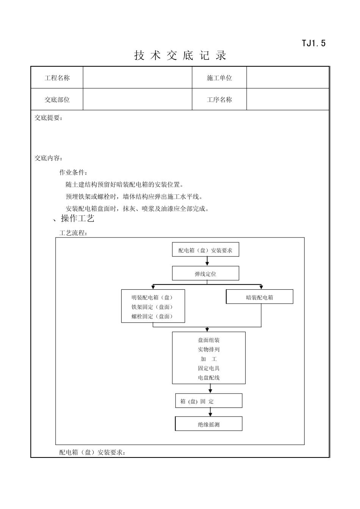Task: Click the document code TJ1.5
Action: (x=313, y=43)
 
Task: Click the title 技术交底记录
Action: (x=180, y=56)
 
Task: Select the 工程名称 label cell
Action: (x=57, y=78)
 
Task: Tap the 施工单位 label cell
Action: (x=219, y=78)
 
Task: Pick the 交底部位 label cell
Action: (x=57, y=100)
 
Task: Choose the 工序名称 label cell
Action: (x=219, y=100)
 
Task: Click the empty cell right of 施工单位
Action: (x=288, y=78)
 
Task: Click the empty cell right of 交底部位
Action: (x=138, y=100)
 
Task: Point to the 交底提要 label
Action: (x=49, y=118)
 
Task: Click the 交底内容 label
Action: (x=49, y=158)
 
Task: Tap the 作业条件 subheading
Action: (x=73, y=173)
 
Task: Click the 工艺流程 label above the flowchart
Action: (x=73, y=233)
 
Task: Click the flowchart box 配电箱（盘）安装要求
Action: (x=205, y=250)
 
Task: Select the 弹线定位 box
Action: (x=205, y=273)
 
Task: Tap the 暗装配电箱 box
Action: (x=260, y=297)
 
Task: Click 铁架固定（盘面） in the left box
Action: (x=152, y=307)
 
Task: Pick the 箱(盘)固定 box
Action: (x=208, y=401)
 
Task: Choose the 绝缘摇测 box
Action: (x=208, y=424)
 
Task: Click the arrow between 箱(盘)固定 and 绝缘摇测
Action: (x=210, y=412)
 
